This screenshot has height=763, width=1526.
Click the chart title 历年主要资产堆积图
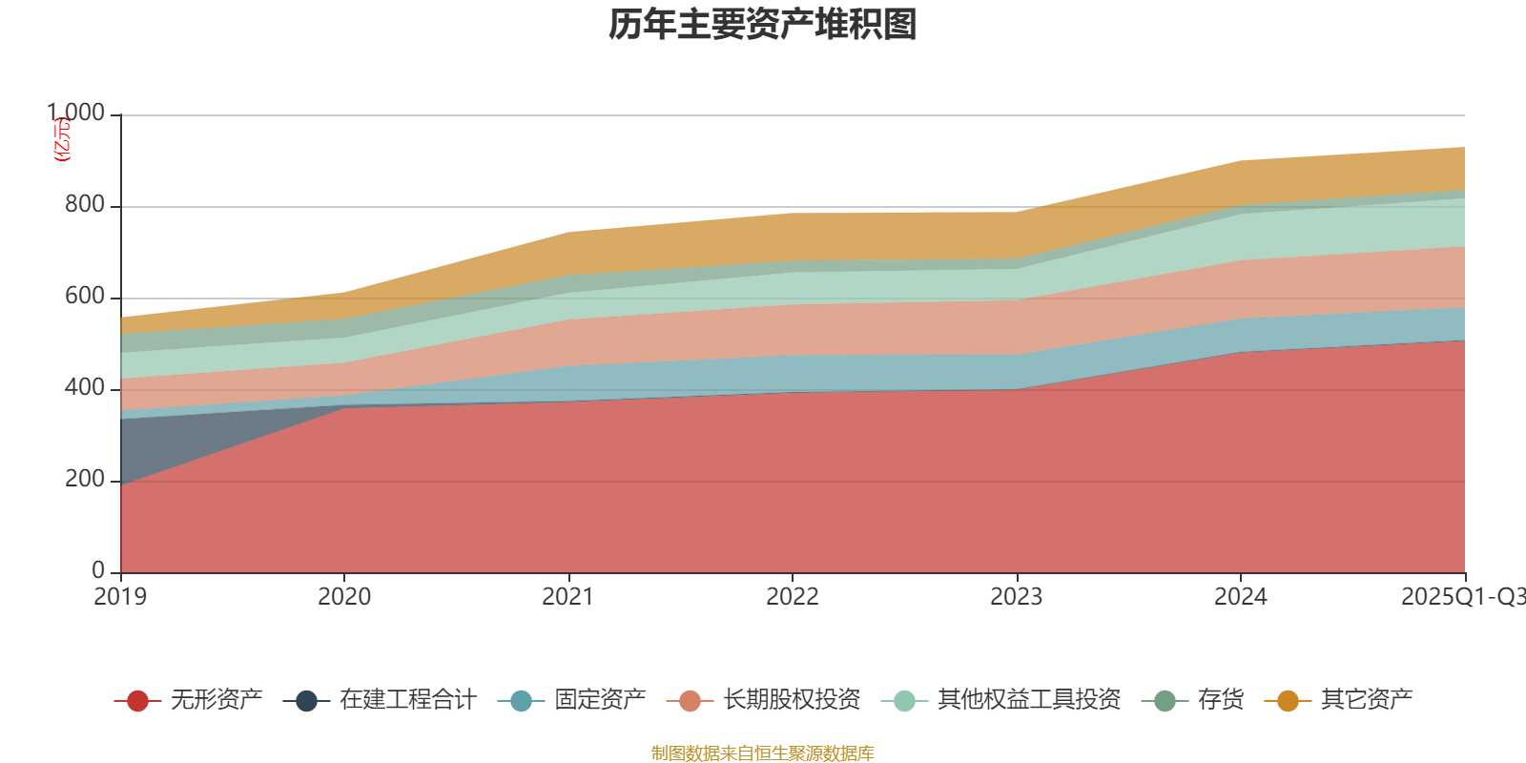pyautogui.click(x=763, y=25)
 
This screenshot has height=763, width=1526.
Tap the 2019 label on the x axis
pyautogui.click(x=120, y=597)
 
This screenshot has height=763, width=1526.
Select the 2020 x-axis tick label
pyautogui.click(x=344, y=597)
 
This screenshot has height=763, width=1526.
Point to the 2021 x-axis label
pyautogui.click(x=568, y=597)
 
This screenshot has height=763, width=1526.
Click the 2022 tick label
pyautogui.click(x=793, y=597)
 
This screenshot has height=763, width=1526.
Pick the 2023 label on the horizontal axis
pyautogui.click(x=1017, y=597)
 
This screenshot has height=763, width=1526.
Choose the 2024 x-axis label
pyautogui.click(x=1241, y=597)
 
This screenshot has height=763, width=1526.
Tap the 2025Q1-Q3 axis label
pyautogui.click(x=1462, y=597)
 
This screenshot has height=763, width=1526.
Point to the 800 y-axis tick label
pyautogui.click(x=85, y=205)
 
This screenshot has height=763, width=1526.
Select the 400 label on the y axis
pyautogui.click(x=85, y=388)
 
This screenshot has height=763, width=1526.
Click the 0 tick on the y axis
pyautogui.click(x=98, y=570)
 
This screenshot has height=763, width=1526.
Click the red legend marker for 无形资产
pyautogui.click(x=137, y=701)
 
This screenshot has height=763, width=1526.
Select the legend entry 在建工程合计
pyautogui.click(x=407, y=700)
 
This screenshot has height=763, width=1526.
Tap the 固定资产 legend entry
pyautogui.click(x=600, y=700)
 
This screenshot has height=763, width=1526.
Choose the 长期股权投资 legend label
pyautogui.click(x=792, y=700)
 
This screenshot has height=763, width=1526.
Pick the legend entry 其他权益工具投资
pyautogui.click(x=1029, y=700)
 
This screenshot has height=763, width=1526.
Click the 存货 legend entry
pyautogui.click(x=1221, y=700)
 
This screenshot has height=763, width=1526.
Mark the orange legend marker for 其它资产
pyautogui.click(x=1288, y=701)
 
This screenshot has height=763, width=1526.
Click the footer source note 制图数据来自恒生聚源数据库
pyautogui.click(x=763, y=753)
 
